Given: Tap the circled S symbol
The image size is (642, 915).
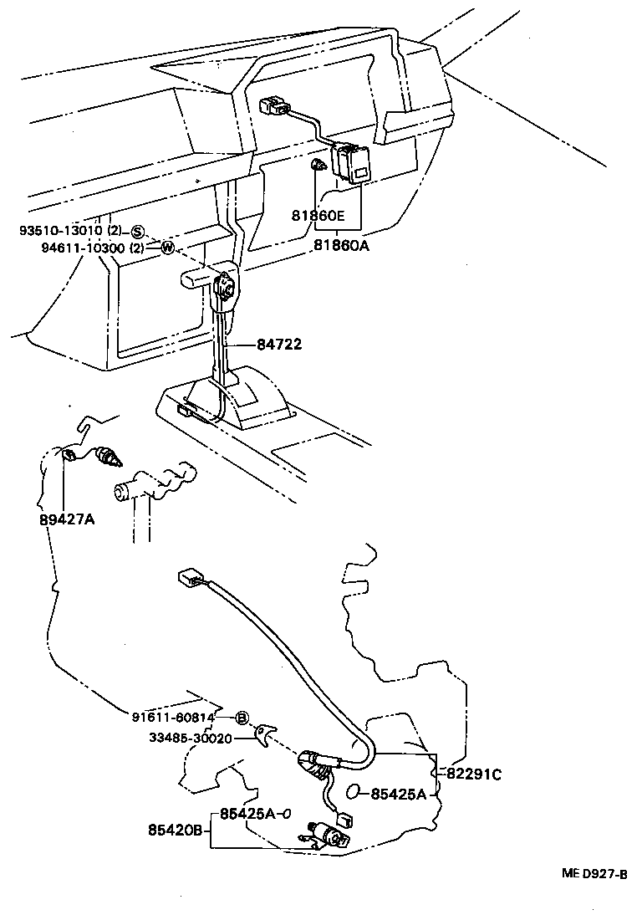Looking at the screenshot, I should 138,232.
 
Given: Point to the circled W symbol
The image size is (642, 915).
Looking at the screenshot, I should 167,248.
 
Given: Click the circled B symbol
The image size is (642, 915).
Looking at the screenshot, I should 242,718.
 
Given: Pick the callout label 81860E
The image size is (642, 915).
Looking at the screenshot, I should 318,216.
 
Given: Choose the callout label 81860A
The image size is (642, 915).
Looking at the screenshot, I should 341,245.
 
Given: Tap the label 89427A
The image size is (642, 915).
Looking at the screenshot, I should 67,519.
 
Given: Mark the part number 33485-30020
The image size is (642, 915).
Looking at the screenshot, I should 191,738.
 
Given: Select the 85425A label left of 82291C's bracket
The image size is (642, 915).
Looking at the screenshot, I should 399,793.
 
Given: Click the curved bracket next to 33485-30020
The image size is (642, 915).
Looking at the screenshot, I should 266,734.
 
